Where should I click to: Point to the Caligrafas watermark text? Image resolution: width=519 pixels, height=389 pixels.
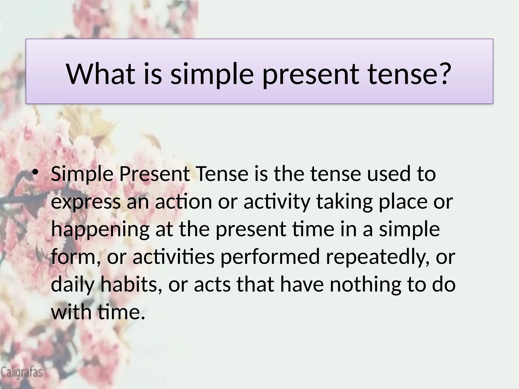[x=22, y=373]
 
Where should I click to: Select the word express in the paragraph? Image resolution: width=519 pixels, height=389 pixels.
[x=86, y=203]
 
